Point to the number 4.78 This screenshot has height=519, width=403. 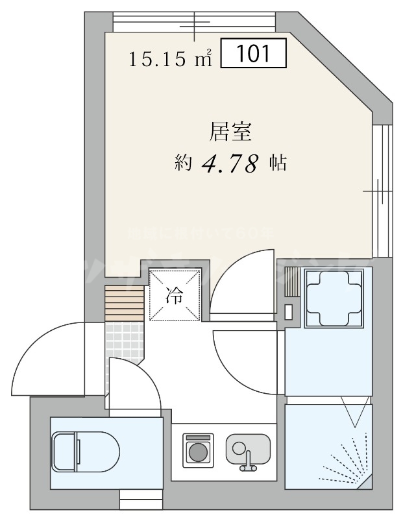[x=231, y=163]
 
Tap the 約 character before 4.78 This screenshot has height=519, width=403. [x=183, y=163]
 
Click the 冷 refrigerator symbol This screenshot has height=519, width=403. [x=174, y=295]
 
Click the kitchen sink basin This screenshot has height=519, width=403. [x=249, y=448]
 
